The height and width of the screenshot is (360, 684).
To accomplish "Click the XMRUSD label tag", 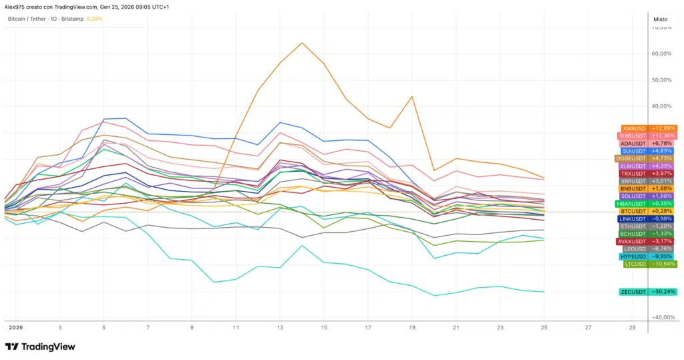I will [x=634, y=128].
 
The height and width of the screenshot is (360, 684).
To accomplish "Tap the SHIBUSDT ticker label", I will [x=632, y=136].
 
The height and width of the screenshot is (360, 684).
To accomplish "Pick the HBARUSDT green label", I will [x=632, y=204].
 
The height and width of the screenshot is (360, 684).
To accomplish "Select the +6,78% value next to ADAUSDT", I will [x=663, y=143].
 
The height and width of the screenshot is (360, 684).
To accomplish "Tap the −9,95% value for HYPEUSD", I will [x=663, y=256].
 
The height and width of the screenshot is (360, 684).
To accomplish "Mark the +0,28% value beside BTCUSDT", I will [x=663, y=211].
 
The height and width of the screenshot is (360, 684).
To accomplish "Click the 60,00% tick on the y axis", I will [x=661, y=53].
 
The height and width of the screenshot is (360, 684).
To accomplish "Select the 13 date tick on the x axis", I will [x=281, y=328].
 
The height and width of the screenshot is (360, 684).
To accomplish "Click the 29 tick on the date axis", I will [x=633, y=328].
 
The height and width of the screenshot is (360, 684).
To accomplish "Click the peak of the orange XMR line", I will [x=302, y=43].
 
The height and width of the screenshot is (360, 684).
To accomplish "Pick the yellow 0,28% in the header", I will [x=95, y=19].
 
